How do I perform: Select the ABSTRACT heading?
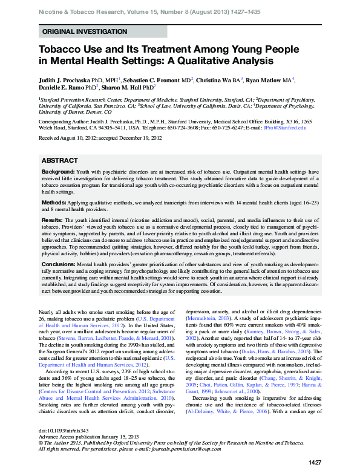[60, 160]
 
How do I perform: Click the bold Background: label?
[58, 172]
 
